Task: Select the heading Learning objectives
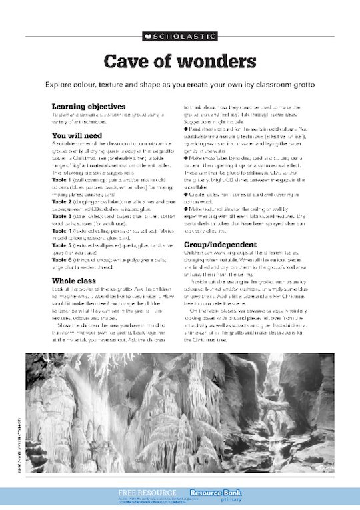pyautogui.click(x=89, y=106)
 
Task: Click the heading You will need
pyautogui.click(x=76, y=135)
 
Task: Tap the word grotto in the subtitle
pyautogui.click(x=301, y=85)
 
